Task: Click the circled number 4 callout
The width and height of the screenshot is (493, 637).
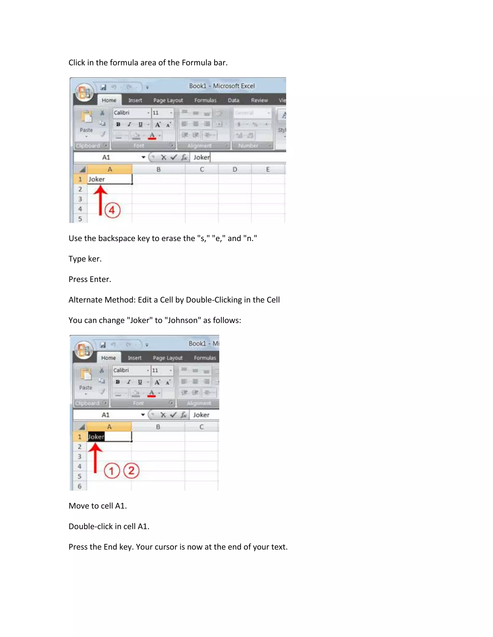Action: click(x=112, y=210)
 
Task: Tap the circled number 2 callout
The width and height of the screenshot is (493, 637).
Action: click(x=131, y=470)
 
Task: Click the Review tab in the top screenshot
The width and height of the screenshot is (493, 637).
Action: click(x=259, y=100)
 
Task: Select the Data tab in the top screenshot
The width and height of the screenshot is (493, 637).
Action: click(x=233, y=100)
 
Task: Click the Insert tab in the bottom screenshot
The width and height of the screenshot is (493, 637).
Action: click(x=134, y=358)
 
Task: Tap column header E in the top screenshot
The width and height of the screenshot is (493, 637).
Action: click(x=267, y=169)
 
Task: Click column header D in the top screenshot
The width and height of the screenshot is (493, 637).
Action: click(x=234, y=169)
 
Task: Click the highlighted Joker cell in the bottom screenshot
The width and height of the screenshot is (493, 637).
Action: click(x=96, y=437)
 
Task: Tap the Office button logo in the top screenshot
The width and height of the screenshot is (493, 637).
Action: click(x=84, y=92)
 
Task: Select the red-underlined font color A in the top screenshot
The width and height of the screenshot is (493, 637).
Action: click(x=152, y=136)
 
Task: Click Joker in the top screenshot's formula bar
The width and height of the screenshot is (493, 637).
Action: click(x=201, y=157)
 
